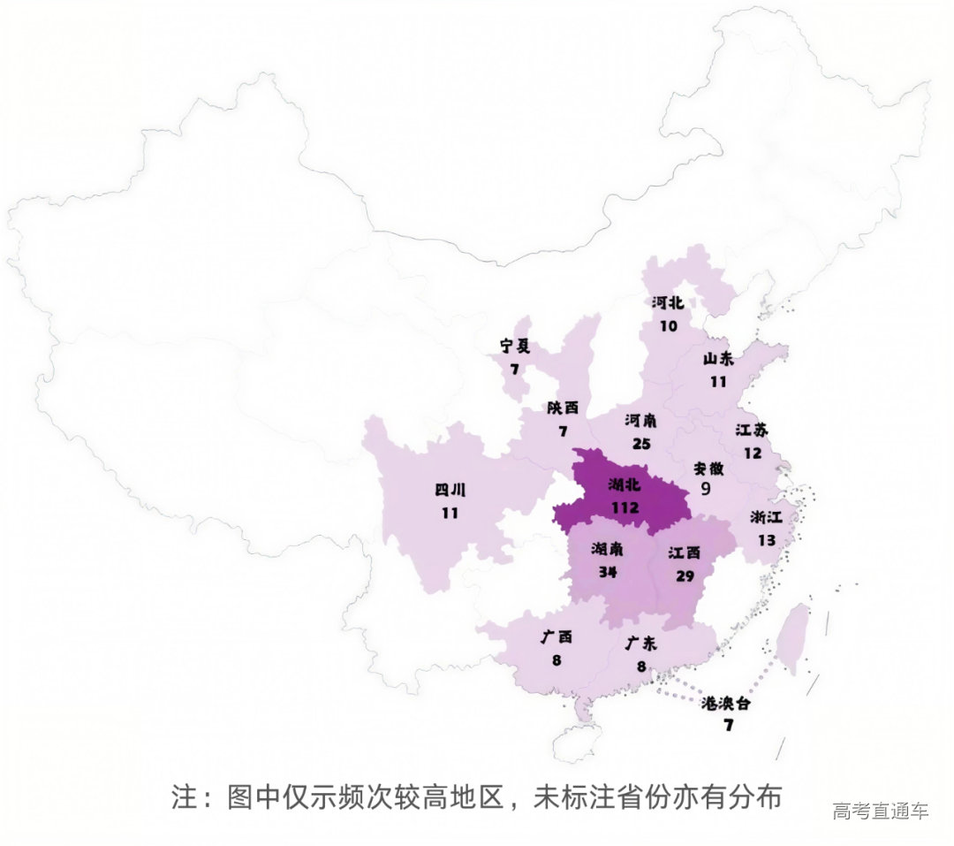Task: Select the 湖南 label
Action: tap(608, 549)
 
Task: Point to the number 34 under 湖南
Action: tap(608, 571)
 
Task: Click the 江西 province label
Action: tap(685, 553)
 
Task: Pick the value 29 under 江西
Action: tap(685, 575)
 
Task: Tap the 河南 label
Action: tap(641, 419)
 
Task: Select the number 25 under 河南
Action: tap(641, 442)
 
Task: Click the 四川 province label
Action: tap(450, 490)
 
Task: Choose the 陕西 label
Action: tap(563, 408)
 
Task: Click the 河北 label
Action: tap(668, 302)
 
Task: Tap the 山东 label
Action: tap(717, 359)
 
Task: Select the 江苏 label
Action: tap(752, 431)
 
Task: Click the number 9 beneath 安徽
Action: tap(706, 488)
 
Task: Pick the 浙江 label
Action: tap(766, 517)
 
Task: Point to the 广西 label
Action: tap(556, 636)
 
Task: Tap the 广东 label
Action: tap(642, 643)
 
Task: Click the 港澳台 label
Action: tap(729, 704)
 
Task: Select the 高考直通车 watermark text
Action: tap(881, 812)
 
